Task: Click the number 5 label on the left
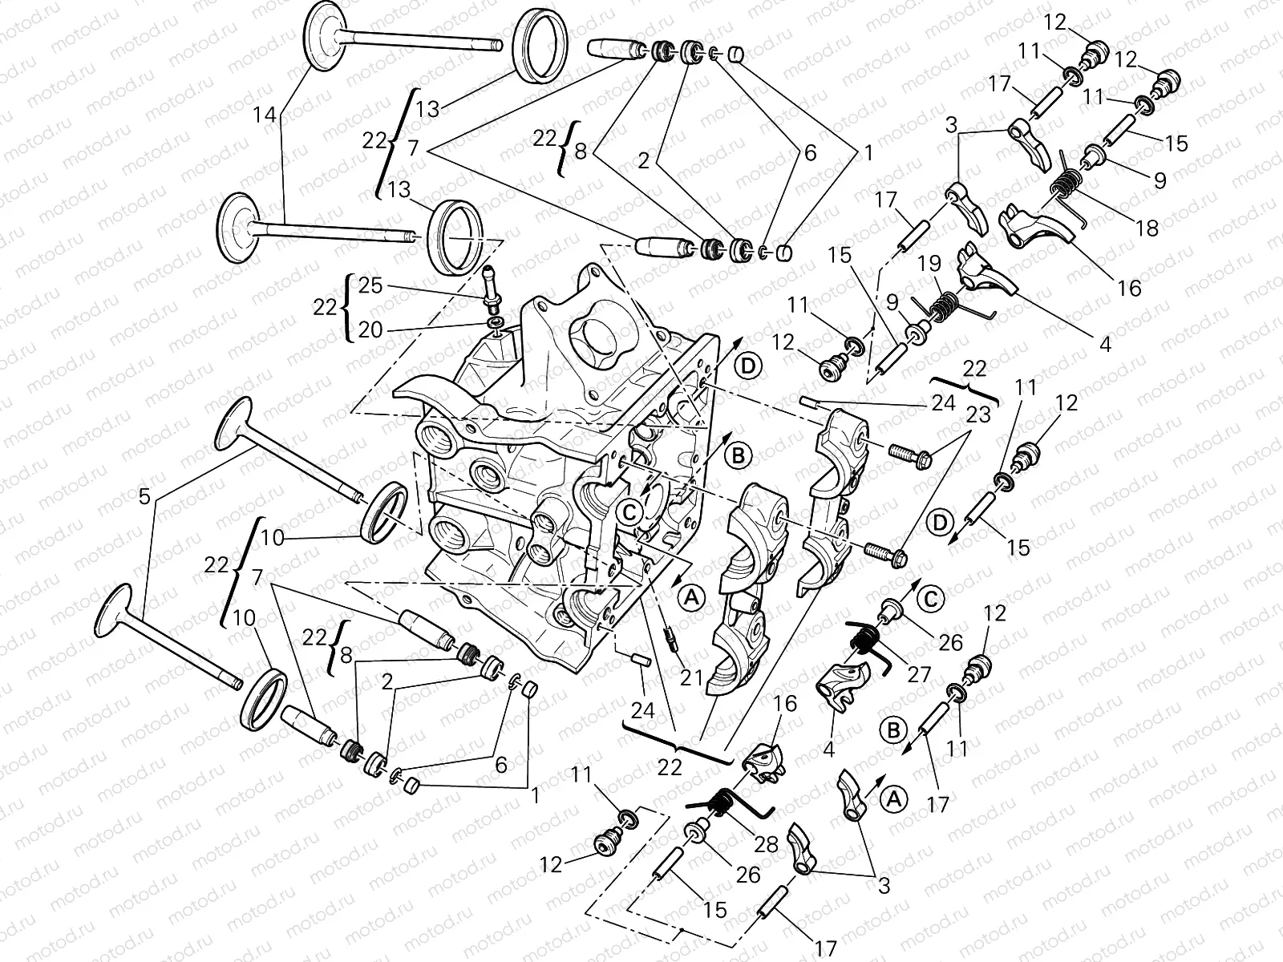coord(144,497)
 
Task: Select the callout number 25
coord(370,285)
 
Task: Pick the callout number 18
coord(1147,228)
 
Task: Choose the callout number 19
coord(929,265)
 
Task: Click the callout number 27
coord(919,673)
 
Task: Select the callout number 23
coord(978,415)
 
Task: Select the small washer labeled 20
coord(495,321)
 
